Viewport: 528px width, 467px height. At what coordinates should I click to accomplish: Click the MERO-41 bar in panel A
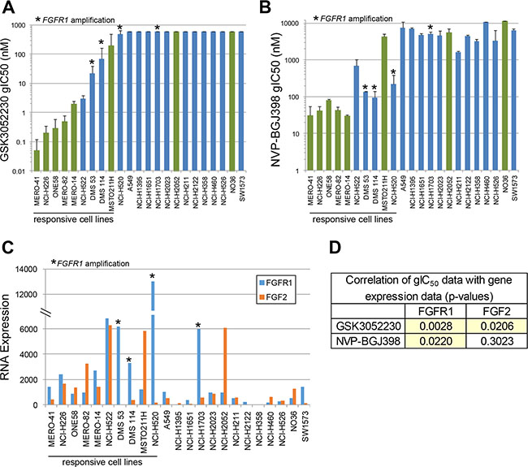(37, 161)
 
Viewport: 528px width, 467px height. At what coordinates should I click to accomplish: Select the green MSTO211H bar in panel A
(111, 108)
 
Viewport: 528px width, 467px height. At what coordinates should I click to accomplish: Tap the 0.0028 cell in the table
(435, 326)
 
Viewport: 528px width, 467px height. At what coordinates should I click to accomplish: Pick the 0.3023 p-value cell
(496, 341)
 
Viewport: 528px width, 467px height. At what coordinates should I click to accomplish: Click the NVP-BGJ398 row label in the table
(368, 341)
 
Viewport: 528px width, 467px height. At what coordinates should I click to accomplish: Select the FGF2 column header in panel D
(496, 311)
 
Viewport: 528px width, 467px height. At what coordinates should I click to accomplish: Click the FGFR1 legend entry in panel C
(276, 283)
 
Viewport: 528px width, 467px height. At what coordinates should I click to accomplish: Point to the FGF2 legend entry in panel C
(273, 297)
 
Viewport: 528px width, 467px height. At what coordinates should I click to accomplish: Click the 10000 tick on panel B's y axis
(289, 24)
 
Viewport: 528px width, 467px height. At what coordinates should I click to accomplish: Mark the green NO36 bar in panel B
(504, 96)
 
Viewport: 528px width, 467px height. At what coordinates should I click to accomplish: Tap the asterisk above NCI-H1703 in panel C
(198, 325)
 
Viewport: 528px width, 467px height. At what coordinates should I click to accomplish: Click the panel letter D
(335, 247)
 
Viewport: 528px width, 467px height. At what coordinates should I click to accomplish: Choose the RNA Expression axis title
(6, 337)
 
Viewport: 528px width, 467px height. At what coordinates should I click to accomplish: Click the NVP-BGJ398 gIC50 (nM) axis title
(276, 100)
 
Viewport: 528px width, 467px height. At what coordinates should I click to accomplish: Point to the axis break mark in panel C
(48, 313)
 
